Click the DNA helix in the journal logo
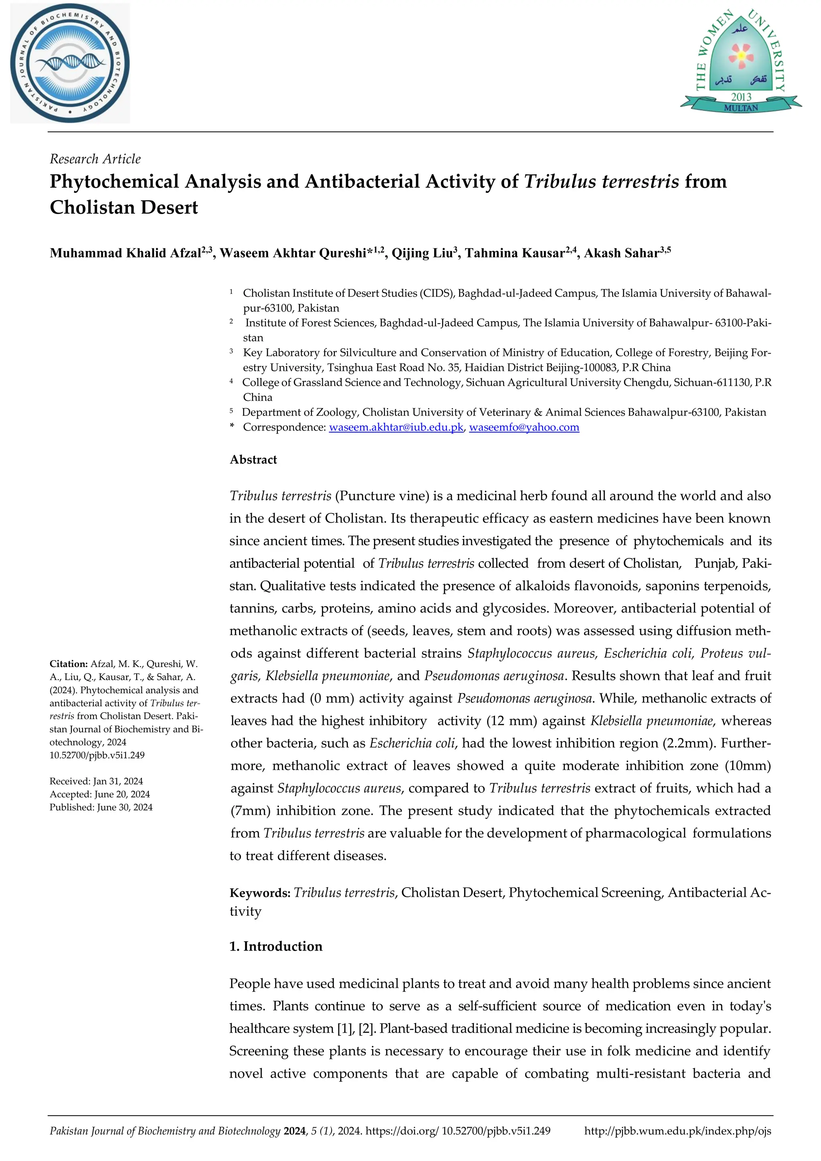[71, 63]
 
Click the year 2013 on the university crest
[741, 96]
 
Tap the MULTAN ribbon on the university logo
[741, 108]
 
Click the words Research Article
[95, 159]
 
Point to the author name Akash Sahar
[622, 253]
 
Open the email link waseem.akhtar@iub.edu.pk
[396, 427]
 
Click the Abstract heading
[253, 460]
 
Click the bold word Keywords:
[259, 893]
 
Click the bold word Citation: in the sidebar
[69, 664]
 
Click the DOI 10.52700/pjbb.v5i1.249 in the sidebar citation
[97, 755]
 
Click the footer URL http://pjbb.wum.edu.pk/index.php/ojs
[677, 1131]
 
